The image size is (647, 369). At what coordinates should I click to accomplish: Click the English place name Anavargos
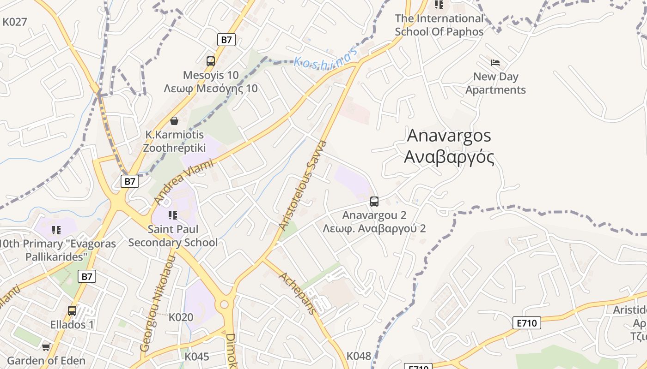(x=449, y=136)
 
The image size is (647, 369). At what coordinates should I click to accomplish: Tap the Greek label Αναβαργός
(x=449, y=157)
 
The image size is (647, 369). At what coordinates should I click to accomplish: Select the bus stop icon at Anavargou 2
(x=374, y=202)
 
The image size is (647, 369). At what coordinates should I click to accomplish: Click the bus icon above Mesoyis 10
(x=211, y=61)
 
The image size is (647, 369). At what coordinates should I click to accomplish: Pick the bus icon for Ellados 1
(x=72, y=311)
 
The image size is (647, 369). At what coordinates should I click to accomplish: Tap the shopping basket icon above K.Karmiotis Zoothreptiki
(x=174, y=121)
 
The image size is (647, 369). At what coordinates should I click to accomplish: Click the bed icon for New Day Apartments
(x=495, y=63)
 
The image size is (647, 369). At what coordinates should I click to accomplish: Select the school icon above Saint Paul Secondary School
(x=173, y=215)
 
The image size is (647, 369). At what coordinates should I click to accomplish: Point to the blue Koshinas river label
(x=326, y=58)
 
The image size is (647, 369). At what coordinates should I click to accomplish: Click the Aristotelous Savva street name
(x=303, y=185)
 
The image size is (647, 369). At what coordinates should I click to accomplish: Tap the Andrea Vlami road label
(x=184, y=182)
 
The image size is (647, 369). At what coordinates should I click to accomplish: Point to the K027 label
(x=15, y=22)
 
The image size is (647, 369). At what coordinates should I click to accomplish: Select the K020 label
(x=181, y=317)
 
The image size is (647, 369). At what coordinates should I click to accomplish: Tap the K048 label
(x=359, y=356)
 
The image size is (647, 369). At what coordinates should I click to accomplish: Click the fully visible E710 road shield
(x=526, y=323)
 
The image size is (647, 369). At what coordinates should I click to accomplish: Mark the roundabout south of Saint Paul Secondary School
(x=225, y=304)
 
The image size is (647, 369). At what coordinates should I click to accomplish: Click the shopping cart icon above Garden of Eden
(x=46, y=347)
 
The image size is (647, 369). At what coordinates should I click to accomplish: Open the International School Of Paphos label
(x=439, y=25)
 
